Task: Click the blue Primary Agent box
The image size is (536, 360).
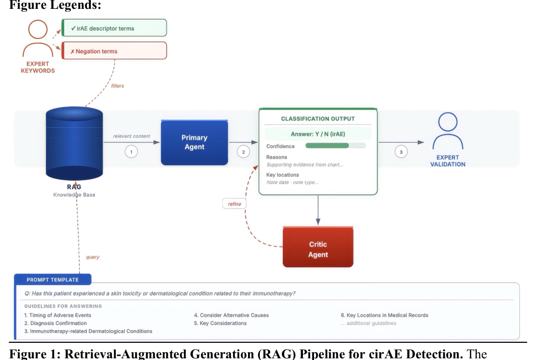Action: pyautogui.click(x=194, y=142)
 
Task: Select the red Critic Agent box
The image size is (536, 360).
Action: pyautogui.click(x=318, y=247)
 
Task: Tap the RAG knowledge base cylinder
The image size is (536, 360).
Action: pyautogui.click(x=74, y=143)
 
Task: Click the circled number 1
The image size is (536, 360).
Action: pyautogui.click(x=131, y=152)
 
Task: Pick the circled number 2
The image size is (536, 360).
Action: pyautogui.click(x=244, y=152)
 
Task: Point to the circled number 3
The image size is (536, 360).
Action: pyautogui.click(x=401, y=152)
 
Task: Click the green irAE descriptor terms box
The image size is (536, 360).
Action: pyautogui.click(x=114, y=28)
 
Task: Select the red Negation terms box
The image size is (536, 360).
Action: pyautogui.click(x=114, y=50)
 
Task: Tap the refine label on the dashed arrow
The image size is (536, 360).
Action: pyautogui.click(x=235, y=204)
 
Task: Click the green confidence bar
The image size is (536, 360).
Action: pyautogui.click(x=327, y=146)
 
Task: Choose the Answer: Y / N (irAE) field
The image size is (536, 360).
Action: pyautogui.click(x=318, y=134)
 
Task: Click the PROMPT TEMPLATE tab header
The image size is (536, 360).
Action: pyautogui.click(x=53, y=279)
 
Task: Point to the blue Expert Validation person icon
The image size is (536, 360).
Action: pyautogui.click(x=448, y=131)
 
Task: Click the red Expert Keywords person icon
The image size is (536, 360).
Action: pyautogui.click(x=38, y=38)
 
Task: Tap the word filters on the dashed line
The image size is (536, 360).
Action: pyautogui.click(x=117, y=86)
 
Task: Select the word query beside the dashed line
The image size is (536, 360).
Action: pyautogui.click(x=92, y=257)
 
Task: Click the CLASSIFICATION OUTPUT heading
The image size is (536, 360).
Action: pyautogui.click(x=318, y=119)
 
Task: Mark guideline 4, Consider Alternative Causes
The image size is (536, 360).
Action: pyautogui.click(x=231, y=315)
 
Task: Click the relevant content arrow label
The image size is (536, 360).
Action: pyautogui.click(x=132, y=136)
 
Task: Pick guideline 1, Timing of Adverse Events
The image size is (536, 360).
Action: pyautogui.click(x=58, y=315)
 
